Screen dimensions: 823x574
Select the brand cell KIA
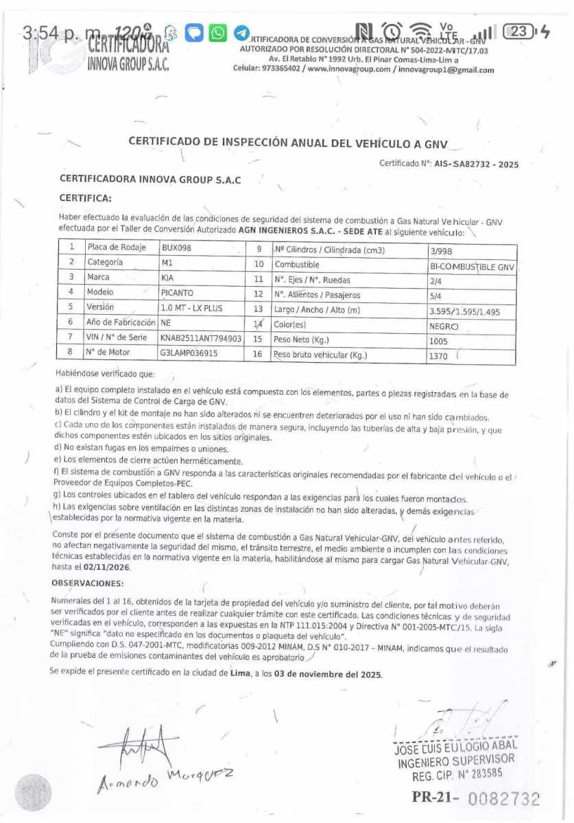167,278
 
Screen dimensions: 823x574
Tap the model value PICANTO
177,293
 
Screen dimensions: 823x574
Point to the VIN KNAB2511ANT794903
200,338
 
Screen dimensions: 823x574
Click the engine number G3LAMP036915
189,353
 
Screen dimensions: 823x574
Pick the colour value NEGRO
444,327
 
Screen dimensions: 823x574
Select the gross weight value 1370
439,357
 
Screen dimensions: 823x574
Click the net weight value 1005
438,342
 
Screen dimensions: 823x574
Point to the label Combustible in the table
297,264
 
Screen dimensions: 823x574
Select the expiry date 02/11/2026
106,567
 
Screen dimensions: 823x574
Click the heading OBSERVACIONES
88,583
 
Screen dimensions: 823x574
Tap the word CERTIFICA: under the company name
85,198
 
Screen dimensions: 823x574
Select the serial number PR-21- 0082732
475,798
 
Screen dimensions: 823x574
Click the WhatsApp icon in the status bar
217,32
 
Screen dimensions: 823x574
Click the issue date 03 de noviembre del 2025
328,674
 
